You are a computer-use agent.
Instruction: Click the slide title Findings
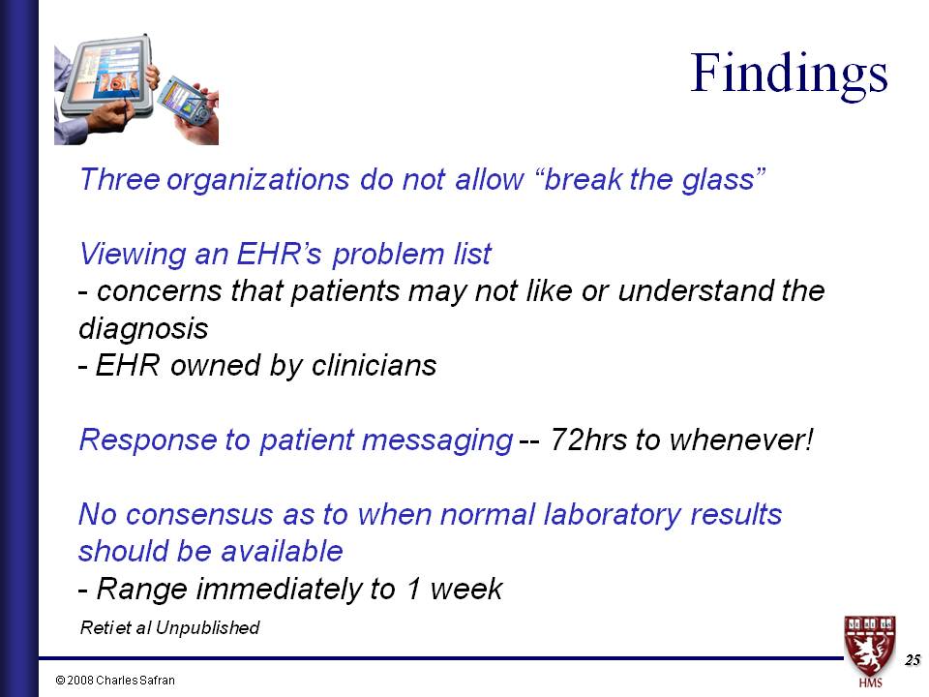[x=790, y=76]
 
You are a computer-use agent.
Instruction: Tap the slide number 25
[x=913, y=659]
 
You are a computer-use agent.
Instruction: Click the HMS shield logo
[x=870, y=652]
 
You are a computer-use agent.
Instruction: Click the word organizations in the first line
[x=257, y=179]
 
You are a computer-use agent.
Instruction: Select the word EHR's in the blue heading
[x=279, y=254]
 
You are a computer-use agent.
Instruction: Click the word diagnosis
[x=143, y=329]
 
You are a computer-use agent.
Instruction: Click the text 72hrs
[x=588, y=439]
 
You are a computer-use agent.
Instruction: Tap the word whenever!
[x=741, y=439]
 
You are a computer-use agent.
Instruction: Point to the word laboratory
[x=612, y=514]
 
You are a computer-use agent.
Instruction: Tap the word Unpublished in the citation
[x=208, y=627]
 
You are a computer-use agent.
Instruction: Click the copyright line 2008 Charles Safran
[x=115, y=680]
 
